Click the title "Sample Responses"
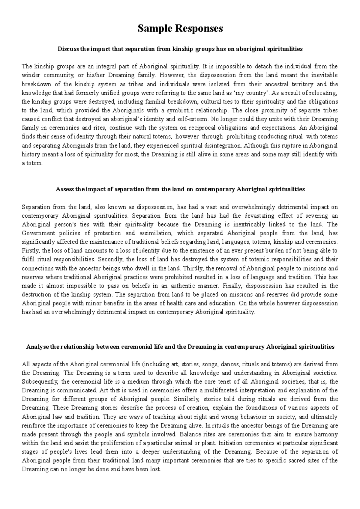[x=180, y=28]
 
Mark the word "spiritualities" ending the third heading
[x=316, y=347]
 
